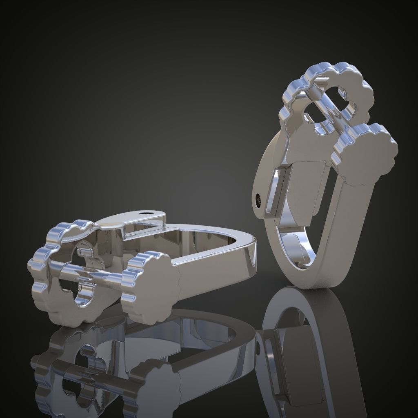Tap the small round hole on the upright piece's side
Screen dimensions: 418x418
point(258,199)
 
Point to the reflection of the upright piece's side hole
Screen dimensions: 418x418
point(259,349)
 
